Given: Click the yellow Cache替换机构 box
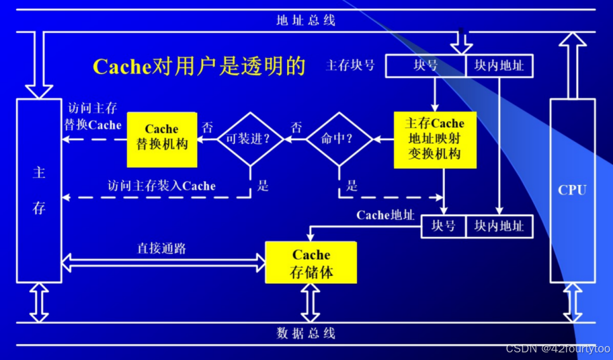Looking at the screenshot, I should click(162, 139).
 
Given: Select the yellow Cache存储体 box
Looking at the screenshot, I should click(311, 264).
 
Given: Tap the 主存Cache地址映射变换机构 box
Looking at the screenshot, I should click(435, 139).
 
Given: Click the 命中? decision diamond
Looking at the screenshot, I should click(338, 139).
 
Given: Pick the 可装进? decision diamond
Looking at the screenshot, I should click(250, 139).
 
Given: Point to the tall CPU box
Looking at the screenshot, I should click(572, 190).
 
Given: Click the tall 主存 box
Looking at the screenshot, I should click(39, 190).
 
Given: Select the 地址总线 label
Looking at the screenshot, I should click(306, 20).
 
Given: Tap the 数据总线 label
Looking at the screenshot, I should click(306, 333).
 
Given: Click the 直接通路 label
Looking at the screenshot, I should click(162, 248).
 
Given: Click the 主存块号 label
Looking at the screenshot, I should click(351, 65).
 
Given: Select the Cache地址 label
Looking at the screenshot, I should click(385, 215).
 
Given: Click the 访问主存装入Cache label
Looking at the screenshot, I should click(162, 186).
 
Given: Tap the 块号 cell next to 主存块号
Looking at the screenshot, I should click(425, 65).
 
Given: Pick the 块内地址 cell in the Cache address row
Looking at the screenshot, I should click(500, 226).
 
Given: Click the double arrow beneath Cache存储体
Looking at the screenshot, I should click(311, 303).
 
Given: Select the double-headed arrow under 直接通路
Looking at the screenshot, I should click(164, 260).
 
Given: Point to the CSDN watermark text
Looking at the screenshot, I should click(558, 349).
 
